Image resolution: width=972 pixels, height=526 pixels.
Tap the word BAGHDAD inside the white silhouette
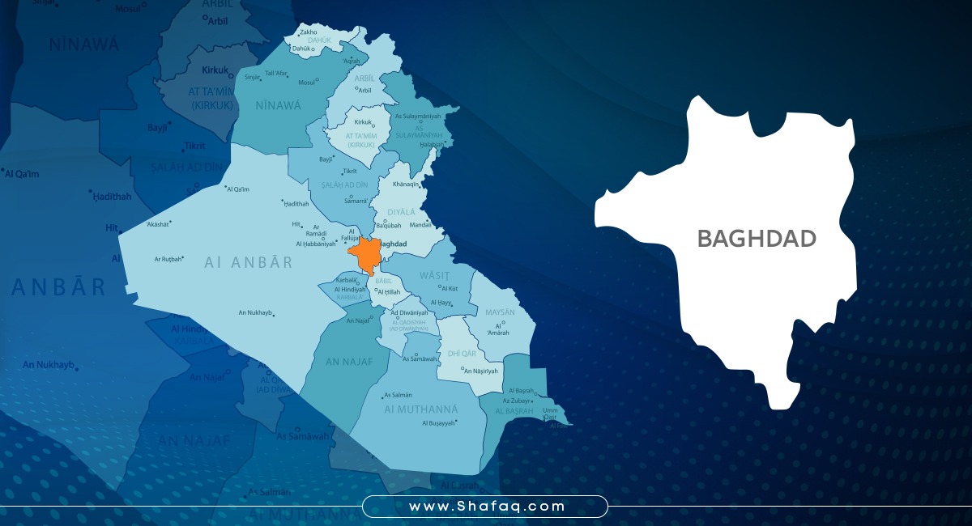point(757,238)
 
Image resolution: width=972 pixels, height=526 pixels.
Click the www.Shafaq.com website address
point(485,507)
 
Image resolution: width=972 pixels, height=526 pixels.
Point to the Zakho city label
point(309,32)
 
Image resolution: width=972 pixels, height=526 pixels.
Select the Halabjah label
point(433,144)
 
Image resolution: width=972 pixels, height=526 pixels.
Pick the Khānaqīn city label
point(406,185)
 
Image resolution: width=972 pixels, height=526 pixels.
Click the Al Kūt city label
point(450,287)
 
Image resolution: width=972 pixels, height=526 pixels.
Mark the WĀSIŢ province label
point(433,275)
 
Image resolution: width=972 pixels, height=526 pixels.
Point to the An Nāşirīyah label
point(483,371)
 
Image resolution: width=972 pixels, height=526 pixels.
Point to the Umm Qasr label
point(551,414)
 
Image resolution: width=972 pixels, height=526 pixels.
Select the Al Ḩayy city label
point(441,303)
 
